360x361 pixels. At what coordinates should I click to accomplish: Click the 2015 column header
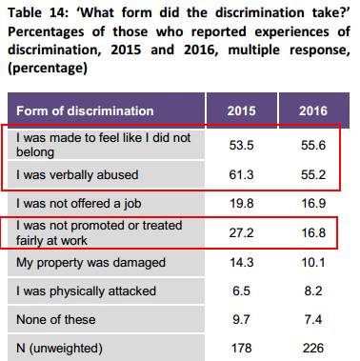[x=241, y=110]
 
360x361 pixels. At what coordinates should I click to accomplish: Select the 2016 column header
[x=313, y=110]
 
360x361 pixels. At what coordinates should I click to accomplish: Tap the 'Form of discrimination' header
[x=85, y=110]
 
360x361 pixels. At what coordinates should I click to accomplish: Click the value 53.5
[x=241, y=145]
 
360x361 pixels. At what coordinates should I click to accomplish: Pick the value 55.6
[x=313, y=145]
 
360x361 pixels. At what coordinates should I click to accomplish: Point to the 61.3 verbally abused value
[x=241, y=174]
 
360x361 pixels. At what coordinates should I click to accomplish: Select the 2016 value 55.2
[x=313, y=174]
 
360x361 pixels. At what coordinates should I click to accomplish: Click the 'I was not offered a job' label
[x=79, y=204]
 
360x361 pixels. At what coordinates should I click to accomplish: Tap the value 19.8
[x=241, y=204]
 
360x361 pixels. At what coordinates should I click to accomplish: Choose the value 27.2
[x=241, y=232]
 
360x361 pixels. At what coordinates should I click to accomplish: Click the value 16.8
[x=313, y=232]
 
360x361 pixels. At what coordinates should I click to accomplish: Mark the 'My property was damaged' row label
[x=90, y=263]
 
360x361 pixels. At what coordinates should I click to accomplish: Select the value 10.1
[x=313, y=263]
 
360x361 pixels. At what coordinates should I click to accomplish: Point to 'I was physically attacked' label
[x=86, y=291]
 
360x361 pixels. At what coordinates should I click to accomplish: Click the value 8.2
[x=313, y=291]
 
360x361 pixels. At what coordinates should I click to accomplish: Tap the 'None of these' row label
[x=55, y=319]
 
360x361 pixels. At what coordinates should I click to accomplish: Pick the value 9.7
[x=241, y=319]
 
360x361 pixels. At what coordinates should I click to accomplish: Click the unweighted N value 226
[x=313, y=348]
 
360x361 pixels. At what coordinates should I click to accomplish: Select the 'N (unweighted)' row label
[x=59, y=349]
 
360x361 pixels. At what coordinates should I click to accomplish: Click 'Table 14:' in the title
[x=38, y=13]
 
